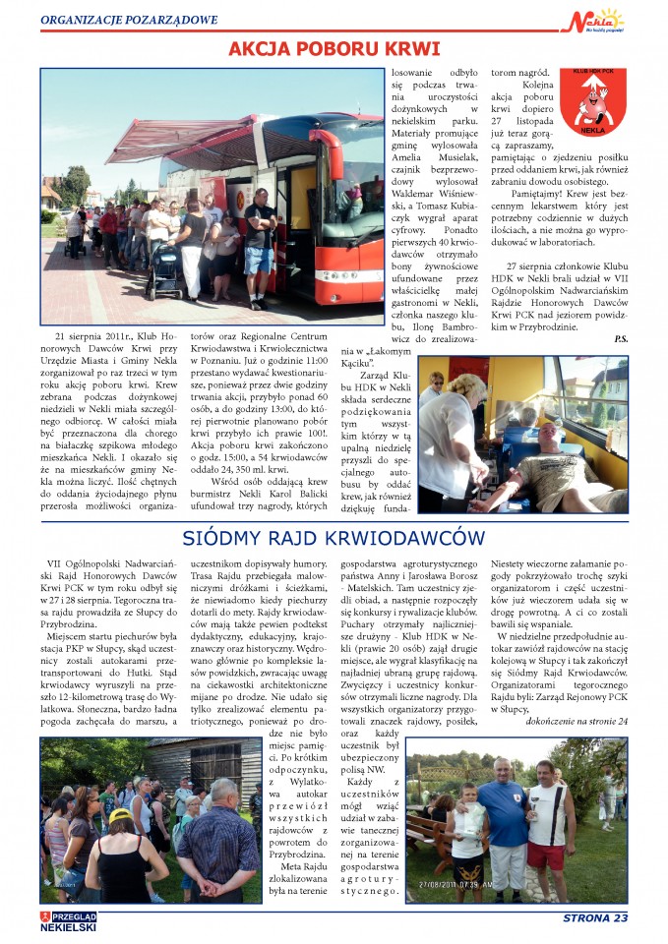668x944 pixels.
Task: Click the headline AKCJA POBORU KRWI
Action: pyautogui.click(x=334, y=50)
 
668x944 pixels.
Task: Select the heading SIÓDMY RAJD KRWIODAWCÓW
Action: pyautogui.click(x=334, y=538)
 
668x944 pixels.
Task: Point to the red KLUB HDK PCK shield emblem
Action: pyautogui.click(x=592, y=100)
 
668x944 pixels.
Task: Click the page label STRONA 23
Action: pyautogui.click(x=594, y=918)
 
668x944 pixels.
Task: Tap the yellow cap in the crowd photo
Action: pyautogui.click(x=121, y=815)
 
